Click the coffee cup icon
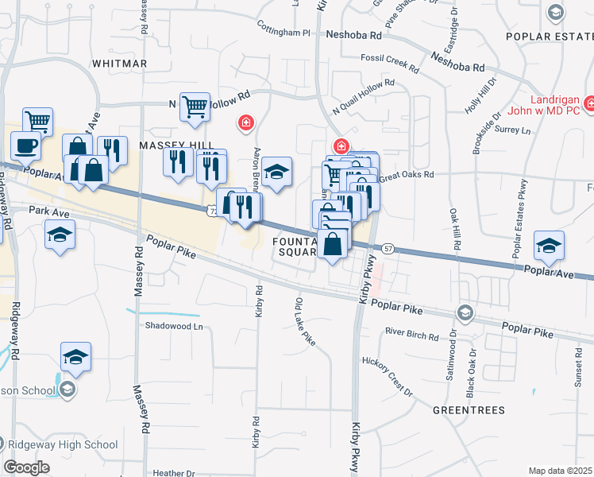coord(25,145)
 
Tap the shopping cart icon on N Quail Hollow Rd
coord(195,105)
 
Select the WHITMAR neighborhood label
coord(119,63)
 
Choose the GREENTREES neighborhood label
coord(469,410)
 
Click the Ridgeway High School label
coord(48,444)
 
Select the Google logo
coord(27,467)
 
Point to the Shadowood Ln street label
coord(174,326)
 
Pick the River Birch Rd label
coord(411,335)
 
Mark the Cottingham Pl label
coord(283,33)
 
